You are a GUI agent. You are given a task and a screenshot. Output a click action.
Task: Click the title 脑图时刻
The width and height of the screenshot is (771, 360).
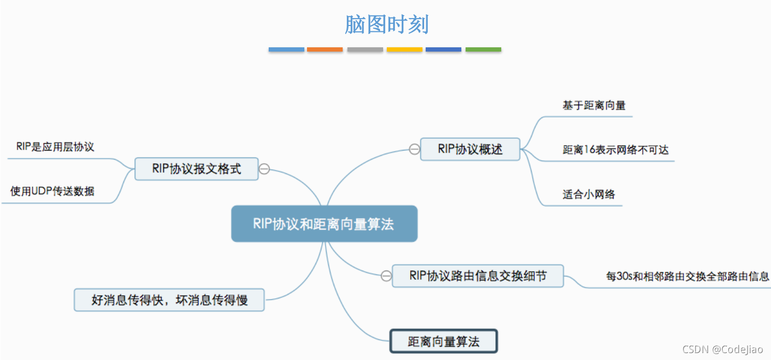(x=387, y=24)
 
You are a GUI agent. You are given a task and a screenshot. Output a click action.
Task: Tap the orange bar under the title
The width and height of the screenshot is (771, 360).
(x=325, y=49)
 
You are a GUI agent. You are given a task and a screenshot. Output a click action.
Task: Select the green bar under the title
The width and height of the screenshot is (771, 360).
(x=483, y=49)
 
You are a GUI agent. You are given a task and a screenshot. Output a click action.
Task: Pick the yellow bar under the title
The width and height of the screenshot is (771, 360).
(x=404, y=49)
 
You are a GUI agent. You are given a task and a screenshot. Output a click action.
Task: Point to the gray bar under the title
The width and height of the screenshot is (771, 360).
(x=365, y=49)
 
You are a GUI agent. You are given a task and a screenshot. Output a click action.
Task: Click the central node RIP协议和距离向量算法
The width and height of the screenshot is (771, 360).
(x=324, y=224)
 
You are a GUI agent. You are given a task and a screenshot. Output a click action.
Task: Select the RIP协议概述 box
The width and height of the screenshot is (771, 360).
(x=470, y=149)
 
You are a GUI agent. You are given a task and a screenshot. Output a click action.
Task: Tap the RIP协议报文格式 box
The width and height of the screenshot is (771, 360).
(x=196, y=169)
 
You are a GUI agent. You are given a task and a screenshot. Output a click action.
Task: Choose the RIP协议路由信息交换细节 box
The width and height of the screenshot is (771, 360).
(x=478, y=276)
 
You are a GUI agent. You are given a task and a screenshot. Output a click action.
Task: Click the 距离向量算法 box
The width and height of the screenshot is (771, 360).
(x=444, y=341)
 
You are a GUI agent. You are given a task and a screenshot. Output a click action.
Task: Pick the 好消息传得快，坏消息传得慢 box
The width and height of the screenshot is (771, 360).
(x=169, y=300)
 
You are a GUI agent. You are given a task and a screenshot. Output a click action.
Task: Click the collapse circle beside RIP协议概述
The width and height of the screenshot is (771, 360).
(x=414, y=149)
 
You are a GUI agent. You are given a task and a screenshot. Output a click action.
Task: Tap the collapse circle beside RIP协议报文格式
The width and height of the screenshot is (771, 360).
(x=264, y=169)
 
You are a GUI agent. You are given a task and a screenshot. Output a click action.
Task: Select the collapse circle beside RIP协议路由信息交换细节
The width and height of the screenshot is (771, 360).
(x=386, y=276)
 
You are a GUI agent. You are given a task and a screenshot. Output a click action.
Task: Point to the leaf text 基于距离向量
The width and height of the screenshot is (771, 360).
(x=594, y=105)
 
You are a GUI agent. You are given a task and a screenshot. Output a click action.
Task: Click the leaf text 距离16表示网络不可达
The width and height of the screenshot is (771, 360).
(x=616, y=149)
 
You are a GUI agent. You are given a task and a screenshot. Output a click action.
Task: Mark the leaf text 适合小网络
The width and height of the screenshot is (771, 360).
(x=588, y=194)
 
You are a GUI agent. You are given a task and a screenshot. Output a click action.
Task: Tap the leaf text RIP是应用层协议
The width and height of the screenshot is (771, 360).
(x=55, y=147)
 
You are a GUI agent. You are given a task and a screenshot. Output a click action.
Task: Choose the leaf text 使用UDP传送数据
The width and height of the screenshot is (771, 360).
(x=52, y=191)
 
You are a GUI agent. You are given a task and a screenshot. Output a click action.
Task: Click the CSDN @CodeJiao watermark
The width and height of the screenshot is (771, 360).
(x=723, y=349)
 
